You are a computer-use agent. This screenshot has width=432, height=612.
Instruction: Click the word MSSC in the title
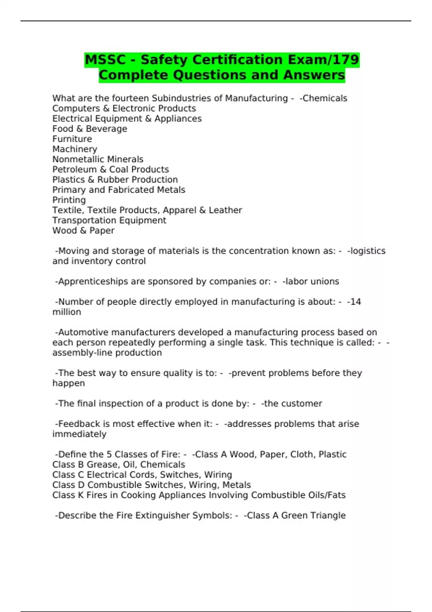pos(105,60)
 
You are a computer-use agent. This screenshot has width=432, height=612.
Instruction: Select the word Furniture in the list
pos(72,139)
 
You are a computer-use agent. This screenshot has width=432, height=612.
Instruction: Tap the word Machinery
pos(75,149)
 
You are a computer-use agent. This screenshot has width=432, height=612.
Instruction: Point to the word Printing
pos(69,200)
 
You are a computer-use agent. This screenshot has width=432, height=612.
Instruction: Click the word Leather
pos(225,210)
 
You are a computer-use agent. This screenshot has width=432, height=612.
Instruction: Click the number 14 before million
pos(355,302)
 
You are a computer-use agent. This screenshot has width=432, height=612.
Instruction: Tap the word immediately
pos(79,434)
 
